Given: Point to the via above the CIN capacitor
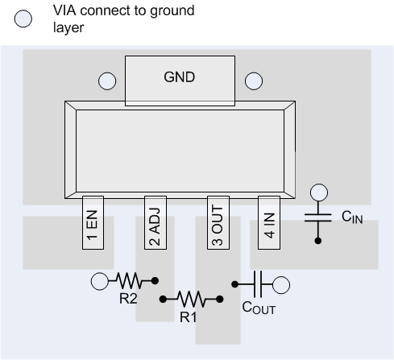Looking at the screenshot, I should tap(319, 192).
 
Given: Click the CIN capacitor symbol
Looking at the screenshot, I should tap(319, 217).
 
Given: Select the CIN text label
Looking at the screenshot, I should tap(352, 217).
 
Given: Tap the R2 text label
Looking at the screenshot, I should tap(128, 297).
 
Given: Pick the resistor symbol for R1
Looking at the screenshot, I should tap(191, 299).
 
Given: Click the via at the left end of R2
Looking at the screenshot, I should tap(100, 281).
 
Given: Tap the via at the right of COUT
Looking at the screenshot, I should tap(281, 283).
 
